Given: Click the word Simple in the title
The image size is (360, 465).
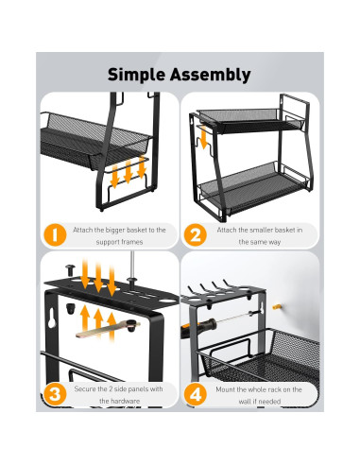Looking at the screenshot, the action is [136, 75].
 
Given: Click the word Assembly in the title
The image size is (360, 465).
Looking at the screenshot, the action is [211, 75].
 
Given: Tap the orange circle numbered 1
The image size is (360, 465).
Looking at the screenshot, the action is [55, 234].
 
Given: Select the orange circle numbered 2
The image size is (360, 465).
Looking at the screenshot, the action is [196, 234].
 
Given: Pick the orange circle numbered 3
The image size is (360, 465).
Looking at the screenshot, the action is [55, 394].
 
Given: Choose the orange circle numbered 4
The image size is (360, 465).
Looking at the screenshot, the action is [196, 394].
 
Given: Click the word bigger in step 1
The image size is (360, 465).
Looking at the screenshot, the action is [115, 231].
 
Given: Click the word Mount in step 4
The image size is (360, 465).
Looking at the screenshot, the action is [225, 389].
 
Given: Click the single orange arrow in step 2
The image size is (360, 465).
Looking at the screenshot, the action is [203, 137].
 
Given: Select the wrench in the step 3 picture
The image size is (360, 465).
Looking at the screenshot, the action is [108, 329].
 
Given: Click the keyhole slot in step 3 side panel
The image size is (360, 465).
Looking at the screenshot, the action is [52, 319].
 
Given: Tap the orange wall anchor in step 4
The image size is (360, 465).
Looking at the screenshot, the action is [276, 306].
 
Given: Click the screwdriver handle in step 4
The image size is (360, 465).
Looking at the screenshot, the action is [198, 328].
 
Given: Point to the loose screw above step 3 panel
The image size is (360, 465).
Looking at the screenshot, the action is [70, 269].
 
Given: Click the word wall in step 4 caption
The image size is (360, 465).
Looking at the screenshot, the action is [244, 402].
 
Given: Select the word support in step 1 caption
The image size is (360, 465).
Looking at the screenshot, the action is [107, 242].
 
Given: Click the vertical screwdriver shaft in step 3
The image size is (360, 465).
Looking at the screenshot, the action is [132, 264].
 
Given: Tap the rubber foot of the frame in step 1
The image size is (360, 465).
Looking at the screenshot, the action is [101, 209].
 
